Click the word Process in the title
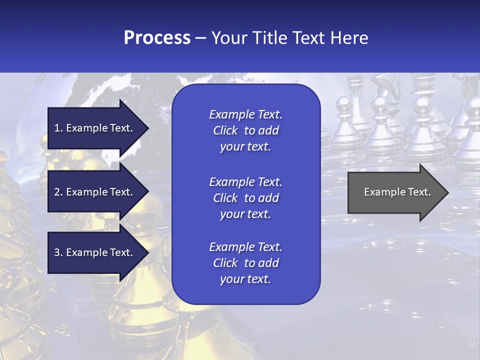pos(157,38)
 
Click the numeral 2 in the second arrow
pos(57,192)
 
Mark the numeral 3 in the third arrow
pos(57,252)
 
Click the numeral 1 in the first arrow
pos(57,128)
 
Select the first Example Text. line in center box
pos(245,114)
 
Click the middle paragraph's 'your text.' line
pos(245,214)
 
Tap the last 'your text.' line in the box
pos(245,279)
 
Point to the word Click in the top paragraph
pos(225,130)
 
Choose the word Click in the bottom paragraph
pos(225,263)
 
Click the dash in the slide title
pos(201,38)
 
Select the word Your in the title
pos(228,38)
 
